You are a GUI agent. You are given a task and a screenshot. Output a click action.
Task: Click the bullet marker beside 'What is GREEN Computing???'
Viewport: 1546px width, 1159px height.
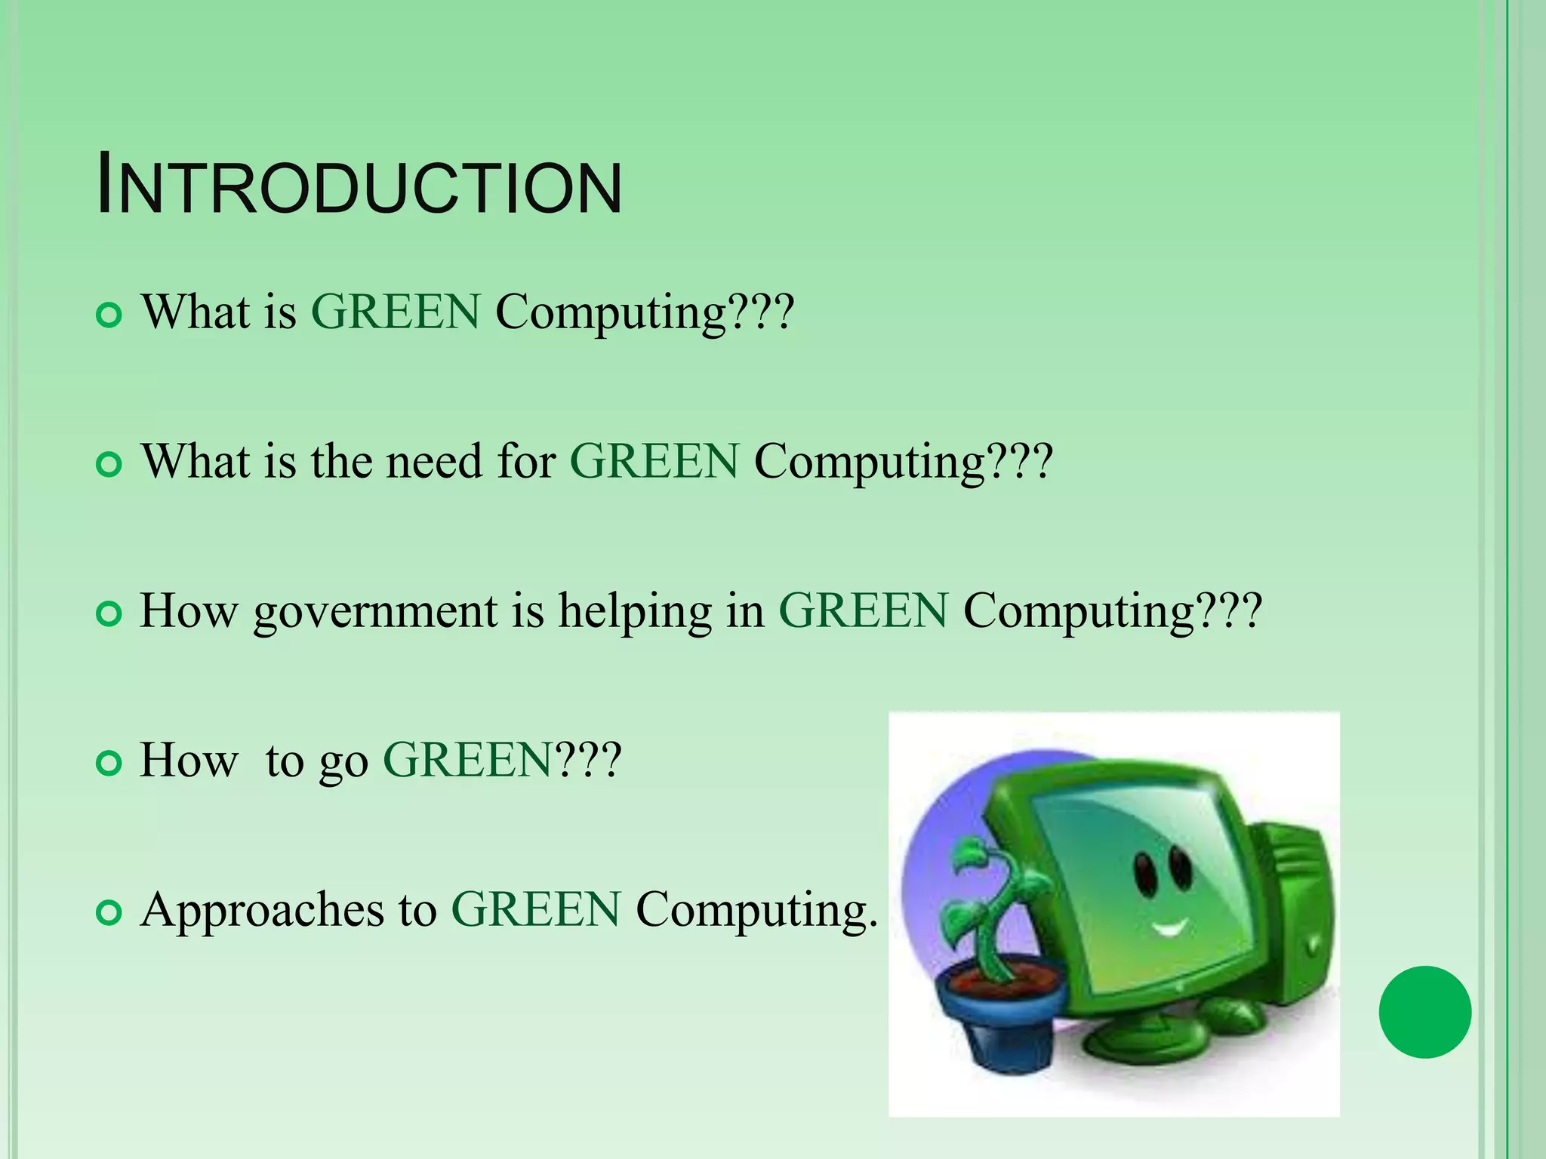[109, 315]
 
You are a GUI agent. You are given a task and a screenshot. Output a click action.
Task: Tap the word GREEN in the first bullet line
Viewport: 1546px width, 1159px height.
[396, 312]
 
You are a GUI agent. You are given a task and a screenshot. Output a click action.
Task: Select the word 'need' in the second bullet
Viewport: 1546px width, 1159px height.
[434, 461]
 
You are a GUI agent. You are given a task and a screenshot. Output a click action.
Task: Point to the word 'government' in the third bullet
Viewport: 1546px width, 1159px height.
[375, 611]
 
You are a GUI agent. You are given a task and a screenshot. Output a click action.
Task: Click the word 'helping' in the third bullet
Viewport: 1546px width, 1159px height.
[635, 611]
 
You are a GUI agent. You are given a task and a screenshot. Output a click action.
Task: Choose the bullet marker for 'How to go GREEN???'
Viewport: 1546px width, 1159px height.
[109, 764]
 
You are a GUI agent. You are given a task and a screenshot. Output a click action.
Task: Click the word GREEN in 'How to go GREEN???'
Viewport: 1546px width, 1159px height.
[468, 760]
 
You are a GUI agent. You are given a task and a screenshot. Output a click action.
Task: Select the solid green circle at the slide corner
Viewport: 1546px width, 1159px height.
[1424, 1012]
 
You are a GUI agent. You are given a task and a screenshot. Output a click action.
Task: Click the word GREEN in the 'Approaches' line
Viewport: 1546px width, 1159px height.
[536, 910]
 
